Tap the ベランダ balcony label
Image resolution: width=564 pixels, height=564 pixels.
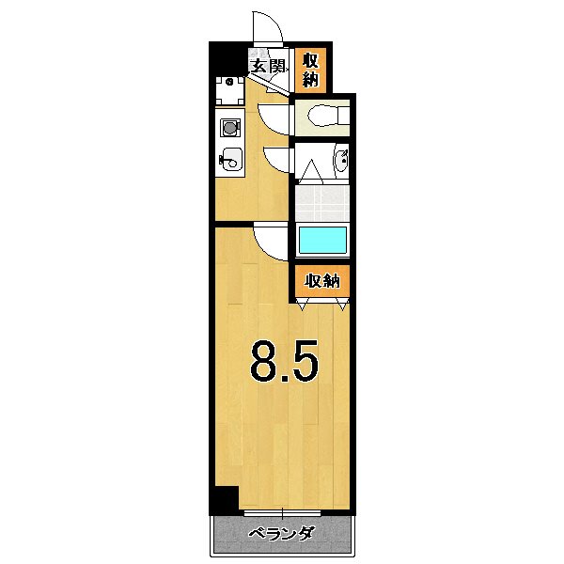[281, 535]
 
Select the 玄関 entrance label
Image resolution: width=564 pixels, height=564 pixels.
[267, 67]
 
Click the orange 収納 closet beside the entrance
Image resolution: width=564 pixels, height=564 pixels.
[309, 70]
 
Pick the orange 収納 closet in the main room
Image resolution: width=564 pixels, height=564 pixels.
[320, 281]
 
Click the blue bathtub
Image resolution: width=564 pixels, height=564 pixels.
[323, 240]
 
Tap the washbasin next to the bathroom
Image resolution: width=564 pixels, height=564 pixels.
[341, 163]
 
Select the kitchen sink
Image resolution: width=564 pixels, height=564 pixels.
[230, 161]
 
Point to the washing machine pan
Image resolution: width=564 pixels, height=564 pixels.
[230, 90]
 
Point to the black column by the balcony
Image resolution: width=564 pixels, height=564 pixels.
[223, 501]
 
